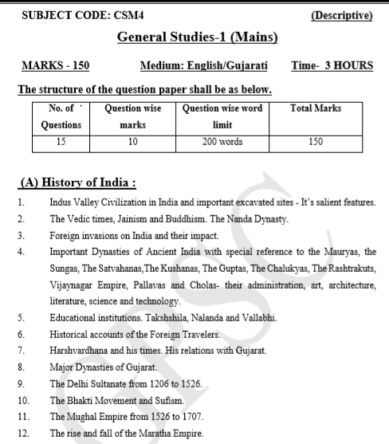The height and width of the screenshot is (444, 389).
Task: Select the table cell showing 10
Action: coord(132,142)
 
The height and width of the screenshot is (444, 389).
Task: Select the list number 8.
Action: coord(22,370)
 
